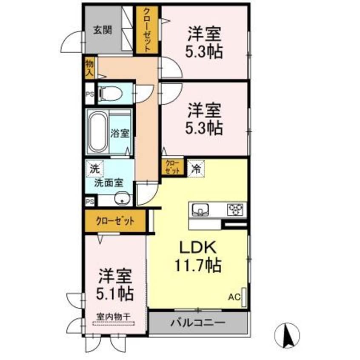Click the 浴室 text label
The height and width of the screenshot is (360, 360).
pyautogui.click(x=120, y=134)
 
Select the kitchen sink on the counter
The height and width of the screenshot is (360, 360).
pyautogui.click(x=199, y=209)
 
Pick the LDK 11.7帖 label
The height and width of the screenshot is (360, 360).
pyautogui.click(x=197, y=257)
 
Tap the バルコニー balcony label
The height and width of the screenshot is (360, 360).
pyautogui.click(x=198, y=323)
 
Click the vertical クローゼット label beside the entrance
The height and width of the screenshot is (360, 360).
pyautogui.click(x=147, y=30)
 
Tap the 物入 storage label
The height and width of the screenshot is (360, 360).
pyautogui.click(x=89, y=68)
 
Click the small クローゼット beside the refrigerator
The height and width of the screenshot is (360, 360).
pyautogui.click(x=172, y=166)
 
